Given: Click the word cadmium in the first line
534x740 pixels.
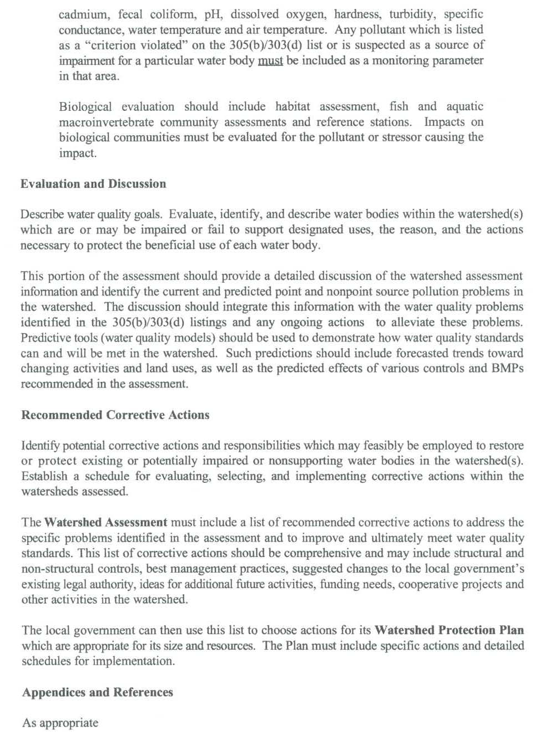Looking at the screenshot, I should [82, 14].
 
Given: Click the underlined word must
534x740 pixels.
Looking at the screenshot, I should [270, 60].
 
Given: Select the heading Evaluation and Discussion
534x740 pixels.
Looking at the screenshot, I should [93, 184].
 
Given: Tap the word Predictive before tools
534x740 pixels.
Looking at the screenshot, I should [47, 338].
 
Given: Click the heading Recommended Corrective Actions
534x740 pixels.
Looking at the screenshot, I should [115, 415].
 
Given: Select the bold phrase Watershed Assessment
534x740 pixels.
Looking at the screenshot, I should [105, 522].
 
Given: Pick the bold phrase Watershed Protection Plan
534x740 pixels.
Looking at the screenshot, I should [449, 630].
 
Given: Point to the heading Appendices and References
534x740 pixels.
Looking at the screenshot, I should [98, 692].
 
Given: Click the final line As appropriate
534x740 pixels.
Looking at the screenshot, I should [60, 723].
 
